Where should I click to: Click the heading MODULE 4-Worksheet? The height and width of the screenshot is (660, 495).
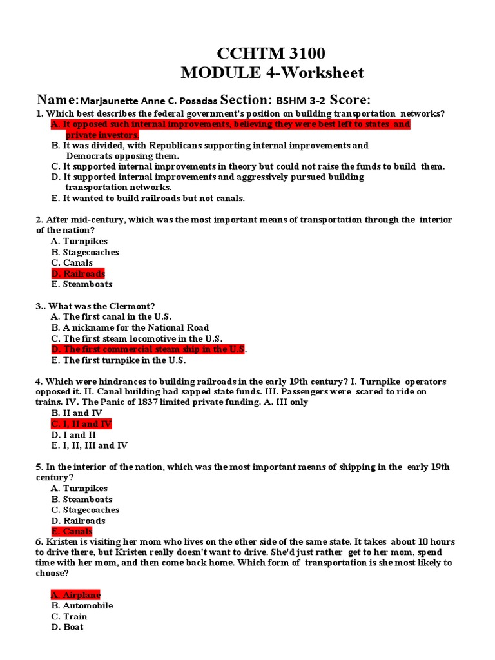click(x=272, y=73)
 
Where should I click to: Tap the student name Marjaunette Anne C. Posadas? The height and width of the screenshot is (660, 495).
click(x=149, y=101)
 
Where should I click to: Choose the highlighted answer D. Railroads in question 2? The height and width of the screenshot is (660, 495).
click(x=78, y=273)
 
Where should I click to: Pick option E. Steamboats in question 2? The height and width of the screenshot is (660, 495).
click(x=82, y=284)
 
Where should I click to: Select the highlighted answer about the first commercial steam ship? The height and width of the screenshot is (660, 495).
click(x=148, y=349)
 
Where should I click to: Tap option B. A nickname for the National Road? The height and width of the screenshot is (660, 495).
click(x=130, y=327)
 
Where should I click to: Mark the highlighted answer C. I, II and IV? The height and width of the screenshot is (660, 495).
click(x=81, y=423)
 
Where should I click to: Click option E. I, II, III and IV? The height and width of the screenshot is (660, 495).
click(x=90, y=445)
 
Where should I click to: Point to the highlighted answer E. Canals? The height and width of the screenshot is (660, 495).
click(x=72, y=532)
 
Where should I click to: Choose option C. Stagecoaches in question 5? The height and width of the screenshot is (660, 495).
click(x=85, y=510)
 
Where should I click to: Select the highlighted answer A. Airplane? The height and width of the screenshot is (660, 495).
click(x=75, y=595)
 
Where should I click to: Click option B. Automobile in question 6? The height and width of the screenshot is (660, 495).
click(x=82, y=606)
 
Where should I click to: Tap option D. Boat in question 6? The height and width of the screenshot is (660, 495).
click(x=67, y=627)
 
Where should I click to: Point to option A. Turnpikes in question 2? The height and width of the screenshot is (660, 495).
click(x=79, y=241)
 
